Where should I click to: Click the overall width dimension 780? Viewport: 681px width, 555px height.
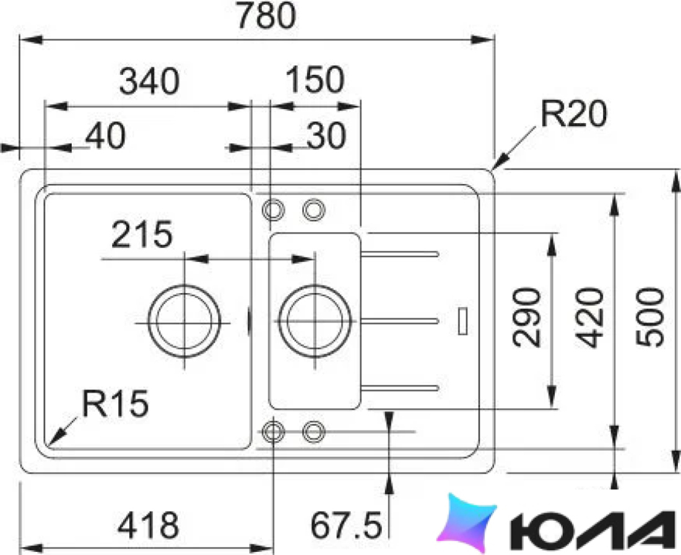(267, 16)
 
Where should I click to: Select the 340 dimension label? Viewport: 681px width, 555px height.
(149, 81)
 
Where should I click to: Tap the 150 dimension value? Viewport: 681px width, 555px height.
(315, 80)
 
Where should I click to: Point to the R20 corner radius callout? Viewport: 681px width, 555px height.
(573, 115)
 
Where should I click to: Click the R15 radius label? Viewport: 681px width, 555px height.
(116, 403)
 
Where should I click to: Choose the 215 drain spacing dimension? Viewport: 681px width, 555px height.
(142, 234)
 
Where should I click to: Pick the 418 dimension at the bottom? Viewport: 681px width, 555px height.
(149, 525)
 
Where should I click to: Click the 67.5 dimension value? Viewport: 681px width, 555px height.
(346, 525)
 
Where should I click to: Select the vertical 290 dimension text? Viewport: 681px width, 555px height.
(527, 318)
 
